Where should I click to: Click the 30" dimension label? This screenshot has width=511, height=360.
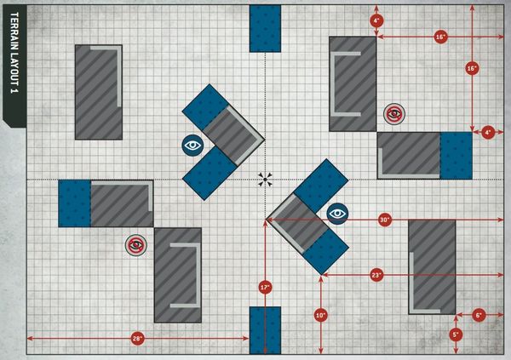coord(385,220)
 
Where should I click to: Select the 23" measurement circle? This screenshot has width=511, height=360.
coord(376,275)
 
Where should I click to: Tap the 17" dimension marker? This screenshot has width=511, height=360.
coord(265,288)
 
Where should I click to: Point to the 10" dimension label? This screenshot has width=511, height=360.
coord(321,315)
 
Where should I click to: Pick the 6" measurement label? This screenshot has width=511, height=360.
coord(479,315)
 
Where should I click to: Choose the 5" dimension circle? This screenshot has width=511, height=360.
coord(456,334)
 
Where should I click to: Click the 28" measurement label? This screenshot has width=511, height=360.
coord(137,339)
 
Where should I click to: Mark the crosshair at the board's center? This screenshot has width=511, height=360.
coord(265,180)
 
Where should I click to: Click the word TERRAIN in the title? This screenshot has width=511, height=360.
coord(14,32)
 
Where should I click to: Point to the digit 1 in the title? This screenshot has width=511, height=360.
coord(14,91)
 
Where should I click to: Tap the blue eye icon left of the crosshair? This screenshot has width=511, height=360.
coord(192,145)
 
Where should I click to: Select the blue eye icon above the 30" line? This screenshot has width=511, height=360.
coord(337,214)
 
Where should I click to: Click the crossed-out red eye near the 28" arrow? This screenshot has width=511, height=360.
coord(136,245)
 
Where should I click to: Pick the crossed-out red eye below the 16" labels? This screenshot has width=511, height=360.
coord(394,114)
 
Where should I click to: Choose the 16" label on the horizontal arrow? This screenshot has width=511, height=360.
coord(440,37)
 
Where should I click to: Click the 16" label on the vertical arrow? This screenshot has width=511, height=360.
coord(472,68)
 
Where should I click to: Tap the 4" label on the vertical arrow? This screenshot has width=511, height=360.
coord(376,21)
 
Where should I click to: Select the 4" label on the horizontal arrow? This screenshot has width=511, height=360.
coord(488,132)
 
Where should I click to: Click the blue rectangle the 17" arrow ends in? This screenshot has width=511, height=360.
coord(265,330)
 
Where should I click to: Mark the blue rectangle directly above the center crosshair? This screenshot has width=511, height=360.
coord(265,28)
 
